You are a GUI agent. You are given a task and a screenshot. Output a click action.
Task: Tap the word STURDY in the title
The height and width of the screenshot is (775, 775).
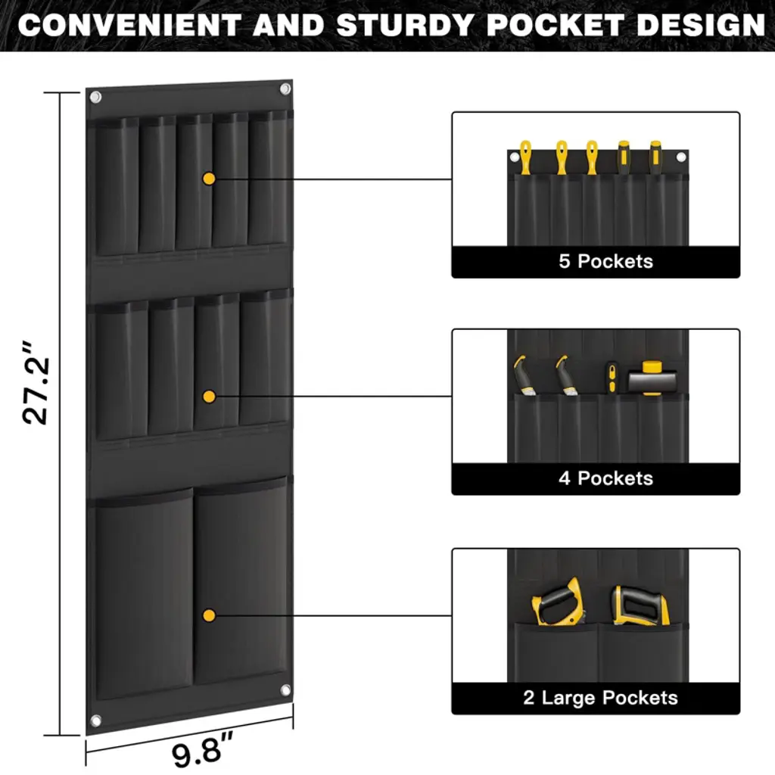(406, 25)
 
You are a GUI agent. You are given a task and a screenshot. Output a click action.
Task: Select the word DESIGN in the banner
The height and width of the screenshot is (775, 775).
(701, 25)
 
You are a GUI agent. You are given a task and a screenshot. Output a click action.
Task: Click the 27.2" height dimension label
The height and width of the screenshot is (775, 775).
(36, 383)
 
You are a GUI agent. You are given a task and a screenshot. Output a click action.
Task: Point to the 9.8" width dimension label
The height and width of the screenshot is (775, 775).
(203, 752)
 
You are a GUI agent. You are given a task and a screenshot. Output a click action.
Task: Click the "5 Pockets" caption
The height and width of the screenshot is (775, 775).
(606, 261)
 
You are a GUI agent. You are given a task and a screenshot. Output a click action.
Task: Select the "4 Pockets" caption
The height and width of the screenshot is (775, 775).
(606, 478)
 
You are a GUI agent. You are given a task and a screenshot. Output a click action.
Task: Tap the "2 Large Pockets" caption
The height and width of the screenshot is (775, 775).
(600, 698)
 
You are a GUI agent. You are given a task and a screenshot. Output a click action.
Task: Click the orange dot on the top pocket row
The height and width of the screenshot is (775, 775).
(209, 179)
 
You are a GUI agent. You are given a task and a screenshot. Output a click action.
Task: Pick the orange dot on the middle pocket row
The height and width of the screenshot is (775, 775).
(209, 397)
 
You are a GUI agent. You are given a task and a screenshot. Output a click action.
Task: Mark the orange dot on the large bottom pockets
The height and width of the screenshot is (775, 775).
(209, 616)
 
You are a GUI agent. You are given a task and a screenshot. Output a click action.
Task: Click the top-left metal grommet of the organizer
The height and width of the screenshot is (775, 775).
(96, 97)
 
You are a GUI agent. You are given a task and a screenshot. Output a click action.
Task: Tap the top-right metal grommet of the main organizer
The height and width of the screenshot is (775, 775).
(285, 89)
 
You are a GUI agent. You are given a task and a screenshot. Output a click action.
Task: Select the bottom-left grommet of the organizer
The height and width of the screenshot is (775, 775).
(96, 721)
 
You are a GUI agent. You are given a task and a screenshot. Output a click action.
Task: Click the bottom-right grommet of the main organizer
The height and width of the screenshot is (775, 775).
(285, 690)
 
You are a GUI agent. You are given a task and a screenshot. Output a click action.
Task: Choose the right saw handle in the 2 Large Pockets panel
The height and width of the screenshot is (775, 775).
(640, 606)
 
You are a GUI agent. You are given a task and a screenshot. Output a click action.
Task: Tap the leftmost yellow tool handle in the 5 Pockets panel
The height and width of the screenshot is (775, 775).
(525, 157)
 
